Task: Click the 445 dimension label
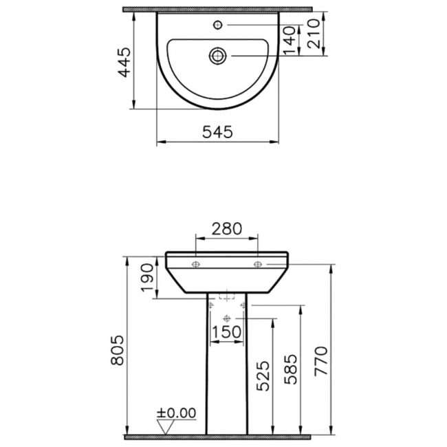pos(124,63)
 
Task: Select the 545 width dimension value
pos(218,131)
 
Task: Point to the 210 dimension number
pos(315,33)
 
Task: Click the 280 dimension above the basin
pos(227,229)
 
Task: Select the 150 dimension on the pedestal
pos(226,331)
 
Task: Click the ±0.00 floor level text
pos(177,413)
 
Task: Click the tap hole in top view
pos(217,25)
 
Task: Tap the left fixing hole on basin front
pos(196,263)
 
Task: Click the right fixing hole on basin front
pos(258,263)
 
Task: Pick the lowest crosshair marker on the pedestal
pos(226,318)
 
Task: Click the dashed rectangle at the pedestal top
pos(226,297)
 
